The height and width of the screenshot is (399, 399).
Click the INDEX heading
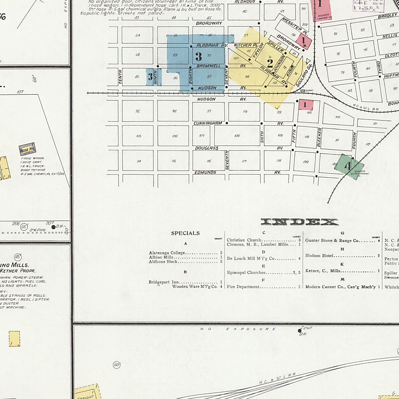pos(300,222)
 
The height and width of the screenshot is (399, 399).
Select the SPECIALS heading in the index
pos(185,233)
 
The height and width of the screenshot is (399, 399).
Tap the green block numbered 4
pos(348,166)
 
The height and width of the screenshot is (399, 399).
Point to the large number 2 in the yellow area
pos(270,63)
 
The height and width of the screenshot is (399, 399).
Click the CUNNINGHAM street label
pos(208,123)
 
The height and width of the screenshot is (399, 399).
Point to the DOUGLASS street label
pos(206,148)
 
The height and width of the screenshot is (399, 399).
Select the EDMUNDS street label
pos(205,172)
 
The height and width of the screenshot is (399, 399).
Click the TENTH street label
pos(120,76)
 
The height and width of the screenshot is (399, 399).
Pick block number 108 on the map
pos(237,136)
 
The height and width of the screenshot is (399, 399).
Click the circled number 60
pos(116,365)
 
